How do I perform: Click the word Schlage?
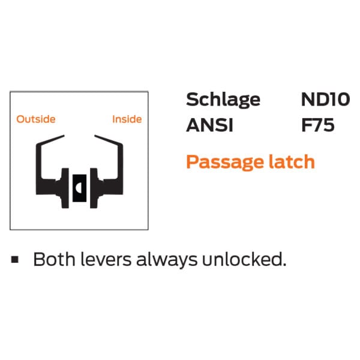click(223, 100)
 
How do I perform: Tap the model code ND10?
click(325, 99)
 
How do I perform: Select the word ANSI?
click(208, 126)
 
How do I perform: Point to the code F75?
click(317, 126)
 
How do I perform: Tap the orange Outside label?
click(36, 119)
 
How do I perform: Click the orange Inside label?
click(127, 119)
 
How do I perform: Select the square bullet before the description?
click(14, 259)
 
